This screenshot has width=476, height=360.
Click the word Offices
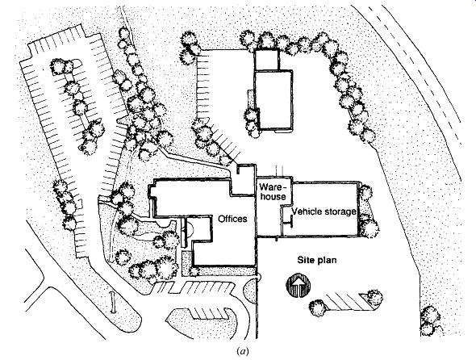tap(232, 219)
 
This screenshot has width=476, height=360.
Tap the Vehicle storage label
tap(324, 211)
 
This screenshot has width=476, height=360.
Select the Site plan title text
tap(317, 261)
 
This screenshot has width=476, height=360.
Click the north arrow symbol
tap(299, 286)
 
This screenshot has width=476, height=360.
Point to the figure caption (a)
tap(242, 351)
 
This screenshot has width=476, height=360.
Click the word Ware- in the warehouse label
tap(273, 186)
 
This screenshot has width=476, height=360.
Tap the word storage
tap(340, 211)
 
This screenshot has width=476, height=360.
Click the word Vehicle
tap(307, 211)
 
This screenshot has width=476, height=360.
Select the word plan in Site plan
tap(327, 261)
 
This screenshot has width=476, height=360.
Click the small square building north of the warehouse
tap(266, 60)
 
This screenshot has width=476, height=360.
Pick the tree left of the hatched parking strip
tap(318, 308)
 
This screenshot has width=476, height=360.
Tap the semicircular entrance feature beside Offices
tap(190, 229)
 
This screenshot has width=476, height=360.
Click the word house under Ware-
tap(273, 197)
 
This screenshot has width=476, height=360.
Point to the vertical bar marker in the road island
tap(113, 302)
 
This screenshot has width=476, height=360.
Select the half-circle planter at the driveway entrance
tap(250, 291)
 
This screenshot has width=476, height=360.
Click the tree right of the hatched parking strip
tap(374, 298)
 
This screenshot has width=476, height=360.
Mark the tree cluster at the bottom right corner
tap(431, 320)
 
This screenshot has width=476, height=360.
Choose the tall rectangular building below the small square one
tap(273, 101)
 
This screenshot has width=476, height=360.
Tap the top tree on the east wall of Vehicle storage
tap(365, 193)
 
